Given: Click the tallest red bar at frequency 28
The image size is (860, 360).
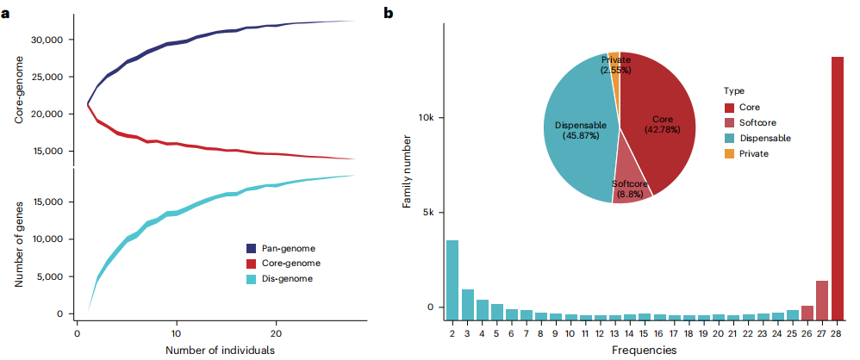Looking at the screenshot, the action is [x=838, y=188].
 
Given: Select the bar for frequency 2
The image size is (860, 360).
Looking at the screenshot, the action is [x=452, y=279].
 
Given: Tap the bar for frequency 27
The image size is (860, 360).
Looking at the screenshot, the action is [x=822, y=301].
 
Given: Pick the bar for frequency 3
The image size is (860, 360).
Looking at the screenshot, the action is [x=468, y=304].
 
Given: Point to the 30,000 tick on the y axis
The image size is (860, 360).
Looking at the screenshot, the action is [x=52, y=40].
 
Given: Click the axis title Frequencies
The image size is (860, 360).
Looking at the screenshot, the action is [x=645, y=349].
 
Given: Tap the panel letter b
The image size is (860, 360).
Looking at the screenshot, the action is [x=389, y=13].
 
